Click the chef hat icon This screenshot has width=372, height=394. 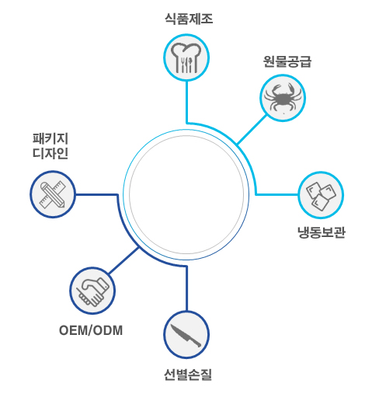coord(186,58)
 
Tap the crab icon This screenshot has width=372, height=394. coord(283,97)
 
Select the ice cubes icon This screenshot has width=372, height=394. coord(321,196)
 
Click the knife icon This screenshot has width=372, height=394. coord(186,336)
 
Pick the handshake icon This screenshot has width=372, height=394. coord(92,291)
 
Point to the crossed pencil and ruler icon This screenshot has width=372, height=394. coord(53,194)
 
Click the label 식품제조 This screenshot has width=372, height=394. coord(189,19)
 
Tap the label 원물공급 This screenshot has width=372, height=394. coord(287,61)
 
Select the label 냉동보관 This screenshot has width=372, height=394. coord(322,232)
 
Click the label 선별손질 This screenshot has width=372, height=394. coord(188,375)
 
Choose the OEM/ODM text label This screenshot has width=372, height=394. coord(91,330)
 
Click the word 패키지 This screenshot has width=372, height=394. coord(50,138)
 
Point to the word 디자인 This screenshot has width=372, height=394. coord(50,153)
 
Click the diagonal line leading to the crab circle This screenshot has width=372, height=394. coord(252,130)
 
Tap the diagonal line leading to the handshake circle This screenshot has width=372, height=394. coord(123,260)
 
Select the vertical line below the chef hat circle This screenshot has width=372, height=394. coord(186,102)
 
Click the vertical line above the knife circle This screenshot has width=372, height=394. coord(186,288)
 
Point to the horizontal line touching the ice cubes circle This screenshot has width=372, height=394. coord(276,194)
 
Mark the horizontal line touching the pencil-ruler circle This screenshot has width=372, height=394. coord(97,194)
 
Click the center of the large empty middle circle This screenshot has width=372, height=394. coord(186,194)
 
